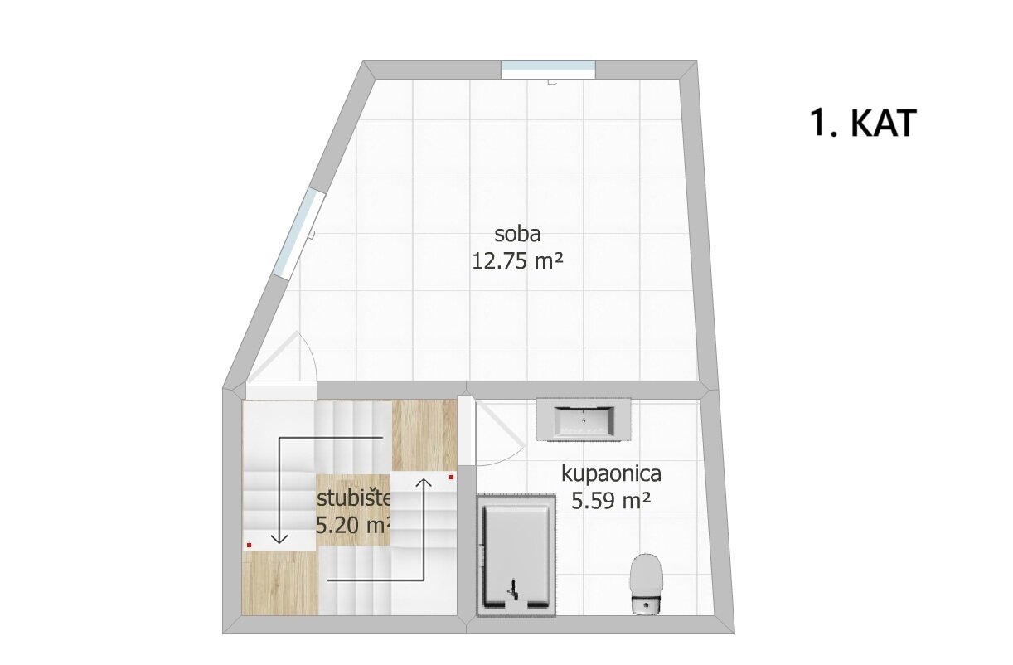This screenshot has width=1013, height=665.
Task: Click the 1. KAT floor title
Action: click(862, 123)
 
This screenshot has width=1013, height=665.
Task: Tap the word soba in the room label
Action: click(518, 235)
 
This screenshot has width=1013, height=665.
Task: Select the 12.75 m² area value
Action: click(518, 261)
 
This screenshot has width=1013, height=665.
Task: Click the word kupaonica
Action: click(612, 474)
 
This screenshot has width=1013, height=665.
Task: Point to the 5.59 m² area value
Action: click(611, 501)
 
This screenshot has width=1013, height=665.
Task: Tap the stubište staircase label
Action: click(353, 498)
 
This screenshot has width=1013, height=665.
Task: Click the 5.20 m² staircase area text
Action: click(353, 525)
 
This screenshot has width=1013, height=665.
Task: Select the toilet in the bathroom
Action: click(646, 584)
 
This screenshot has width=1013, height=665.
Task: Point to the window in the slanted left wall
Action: click(299, 232)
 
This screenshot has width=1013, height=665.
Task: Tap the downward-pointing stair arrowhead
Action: click(279, 539)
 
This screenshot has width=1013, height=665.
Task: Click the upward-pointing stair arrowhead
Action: click(424, 483)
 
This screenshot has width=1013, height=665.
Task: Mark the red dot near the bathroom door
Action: click(451, 478)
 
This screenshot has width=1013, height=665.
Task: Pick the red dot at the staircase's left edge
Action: click(249, 545)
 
